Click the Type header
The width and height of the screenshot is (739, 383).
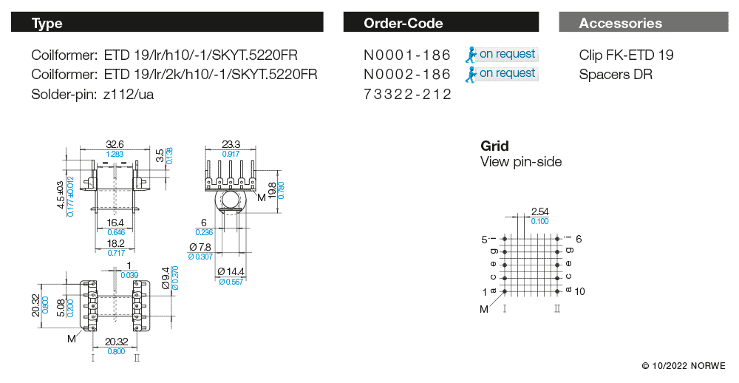[47, 23]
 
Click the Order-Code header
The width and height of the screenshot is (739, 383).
[403, 23]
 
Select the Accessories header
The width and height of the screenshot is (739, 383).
[620, 23]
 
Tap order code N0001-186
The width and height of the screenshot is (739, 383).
[407, 55]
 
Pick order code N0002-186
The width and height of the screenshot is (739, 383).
[407, 74]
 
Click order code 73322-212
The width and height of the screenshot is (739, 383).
[407, 94]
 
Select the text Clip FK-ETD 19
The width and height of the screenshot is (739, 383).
[627, 55]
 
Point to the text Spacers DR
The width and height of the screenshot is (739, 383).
[616, 75]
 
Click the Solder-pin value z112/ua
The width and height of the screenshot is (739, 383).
[129, 95]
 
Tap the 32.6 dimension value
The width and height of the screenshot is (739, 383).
[115, 144]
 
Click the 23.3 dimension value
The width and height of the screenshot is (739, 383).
[231, 144]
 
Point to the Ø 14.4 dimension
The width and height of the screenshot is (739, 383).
[231, 271]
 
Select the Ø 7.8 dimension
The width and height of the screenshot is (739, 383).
[200, 247]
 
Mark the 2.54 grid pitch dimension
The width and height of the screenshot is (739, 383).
[539, 211]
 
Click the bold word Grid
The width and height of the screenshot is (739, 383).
[494, 146]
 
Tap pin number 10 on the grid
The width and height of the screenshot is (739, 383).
[579, 291]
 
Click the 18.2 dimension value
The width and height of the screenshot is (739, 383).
[116, 243]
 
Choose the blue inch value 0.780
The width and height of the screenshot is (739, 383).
[281, 190]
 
